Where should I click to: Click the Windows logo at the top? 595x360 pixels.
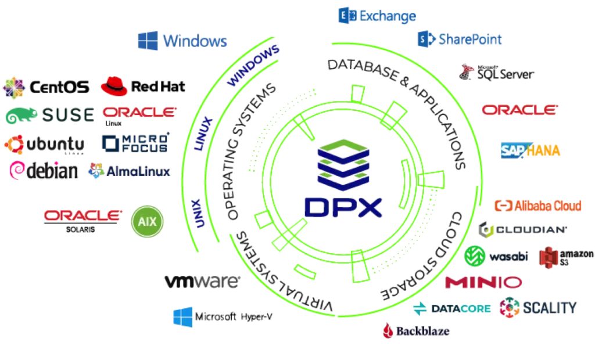click(182, 41)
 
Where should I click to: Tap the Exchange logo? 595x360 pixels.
click(377, 16)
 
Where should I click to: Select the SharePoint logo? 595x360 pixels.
click(460, 39)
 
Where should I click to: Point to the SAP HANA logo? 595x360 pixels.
click(530, 150)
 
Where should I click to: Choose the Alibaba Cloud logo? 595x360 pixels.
click(537, 206)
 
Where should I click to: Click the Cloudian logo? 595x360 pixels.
click(523, 229)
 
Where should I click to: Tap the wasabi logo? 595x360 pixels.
click(496, 256)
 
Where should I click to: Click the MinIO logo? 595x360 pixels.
click(483, 282)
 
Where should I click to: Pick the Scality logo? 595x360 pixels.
click(538, 307)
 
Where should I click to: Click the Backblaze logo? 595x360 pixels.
click(415, 331)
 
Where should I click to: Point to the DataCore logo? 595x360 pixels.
click(452, 308)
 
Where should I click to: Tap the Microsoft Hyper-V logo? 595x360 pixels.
click(223, 317)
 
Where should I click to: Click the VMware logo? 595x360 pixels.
click(202, 282)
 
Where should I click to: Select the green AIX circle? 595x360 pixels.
click(148, 221)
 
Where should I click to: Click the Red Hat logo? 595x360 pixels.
click(143, 87)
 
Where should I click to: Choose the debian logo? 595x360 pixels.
click(44, 171)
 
